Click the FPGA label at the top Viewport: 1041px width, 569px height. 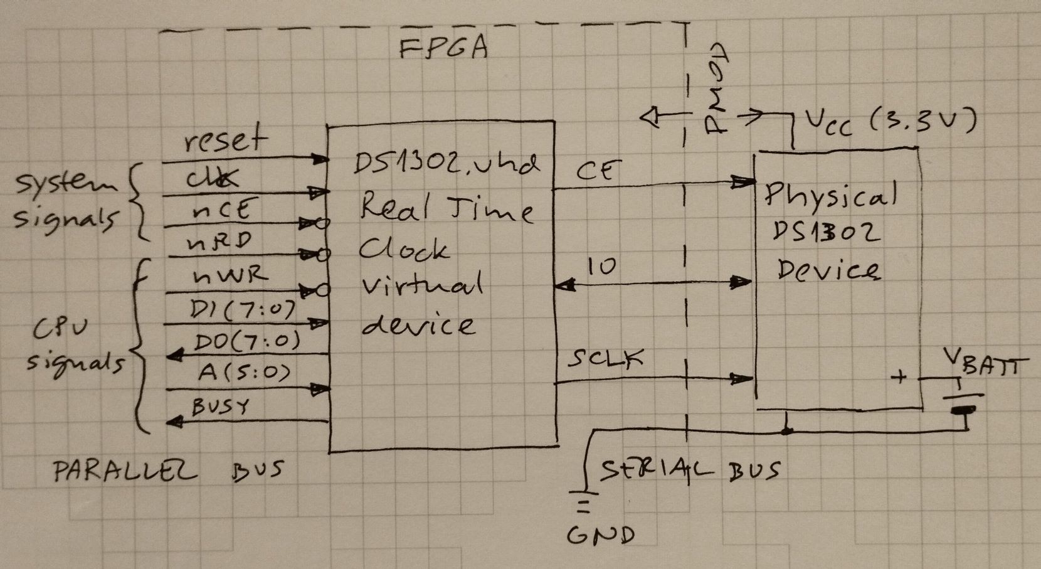(x=443, y=49)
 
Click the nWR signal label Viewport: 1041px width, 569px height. (x=230, y=275)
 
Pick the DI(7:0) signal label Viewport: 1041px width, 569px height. (x=241, y=309)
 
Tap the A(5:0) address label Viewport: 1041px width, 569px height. (x=245, y=373)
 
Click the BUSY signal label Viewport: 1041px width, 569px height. (x=219, y=407)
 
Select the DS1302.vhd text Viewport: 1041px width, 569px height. (x=446, y=165)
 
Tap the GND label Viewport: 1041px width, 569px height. (x=601, y=535)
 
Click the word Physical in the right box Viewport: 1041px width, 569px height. (x=830, y=196)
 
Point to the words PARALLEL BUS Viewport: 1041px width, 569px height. (x=168, y=471)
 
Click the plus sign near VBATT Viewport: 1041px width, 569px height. (x=899, y=378)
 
